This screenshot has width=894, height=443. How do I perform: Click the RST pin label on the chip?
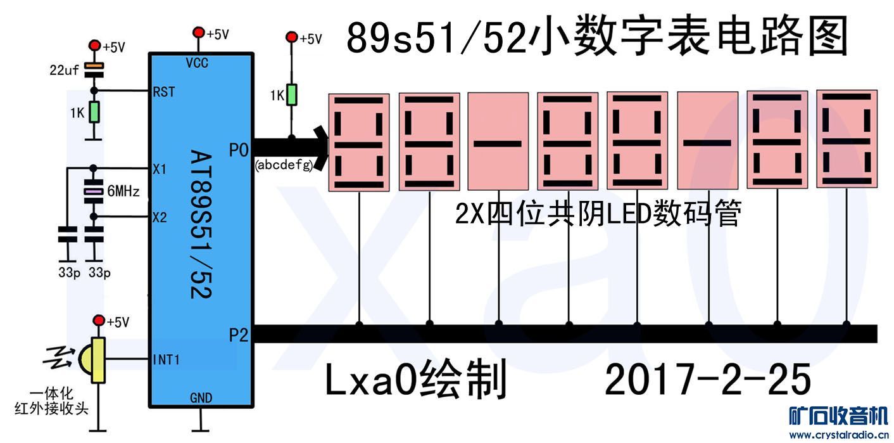[163, 93]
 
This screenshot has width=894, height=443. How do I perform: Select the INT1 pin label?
[167, 360]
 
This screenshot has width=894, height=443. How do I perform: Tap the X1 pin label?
[159, 169]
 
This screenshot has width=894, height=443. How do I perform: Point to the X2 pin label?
[159, 218]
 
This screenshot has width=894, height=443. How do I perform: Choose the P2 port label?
[238, 335]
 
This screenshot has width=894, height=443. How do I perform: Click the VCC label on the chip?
[198, 62]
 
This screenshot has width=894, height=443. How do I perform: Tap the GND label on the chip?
[201, 398]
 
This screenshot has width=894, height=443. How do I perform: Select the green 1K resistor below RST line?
[94, 112]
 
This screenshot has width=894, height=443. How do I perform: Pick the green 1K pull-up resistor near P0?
[291, 95]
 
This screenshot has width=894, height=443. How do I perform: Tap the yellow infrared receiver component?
[96, 360]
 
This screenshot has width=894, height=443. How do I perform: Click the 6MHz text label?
[124, 191]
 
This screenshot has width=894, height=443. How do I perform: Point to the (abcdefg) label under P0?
[284, 165]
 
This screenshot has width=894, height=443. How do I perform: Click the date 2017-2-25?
[707, 380]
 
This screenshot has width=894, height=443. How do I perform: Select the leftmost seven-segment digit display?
[360, 142]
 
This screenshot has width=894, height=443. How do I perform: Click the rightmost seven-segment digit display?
[847, 139]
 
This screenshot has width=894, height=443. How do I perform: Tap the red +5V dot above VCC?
[199, 33]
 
